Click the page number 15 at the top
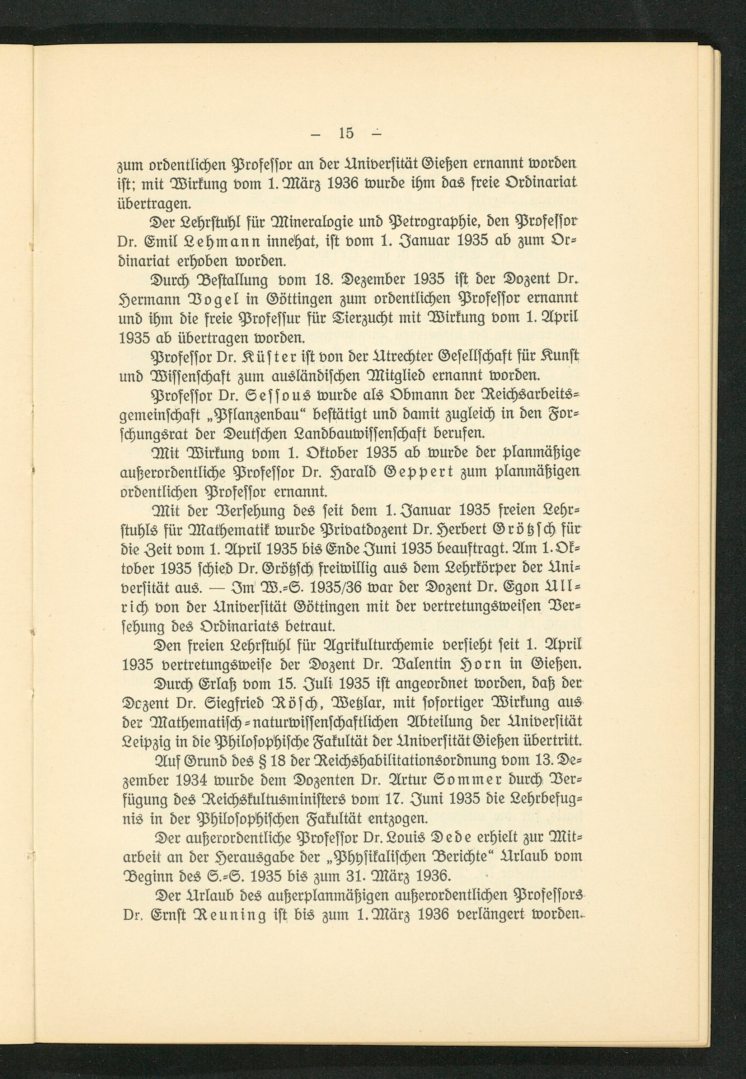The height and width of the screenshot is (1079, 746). click(x=346, y=134)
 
